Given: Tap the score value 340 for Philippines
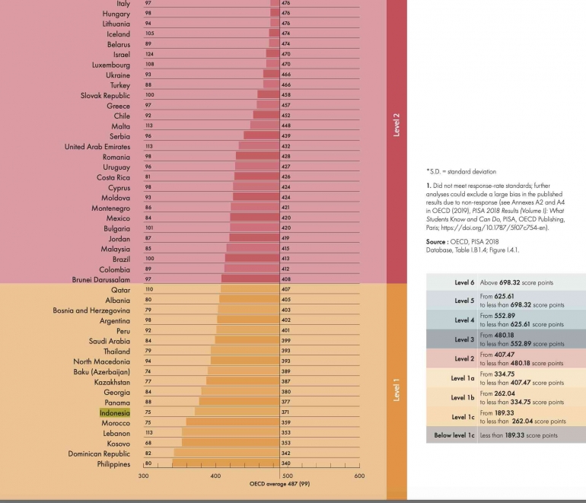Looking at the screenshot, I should [286, 464].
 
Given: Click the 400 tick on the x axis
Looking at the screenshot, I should [215, 476].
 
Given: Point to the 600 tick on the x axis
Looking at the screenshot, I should [359, 476].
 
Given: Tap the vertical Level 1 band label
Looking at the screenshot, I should [397, 390].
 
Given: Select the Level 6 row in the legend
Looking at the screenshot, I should [505, 282].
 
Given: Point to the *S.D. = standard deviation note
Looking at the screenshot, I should [457, 172].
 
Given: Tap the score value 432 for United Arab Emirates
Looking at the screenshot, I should [286, 146].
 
